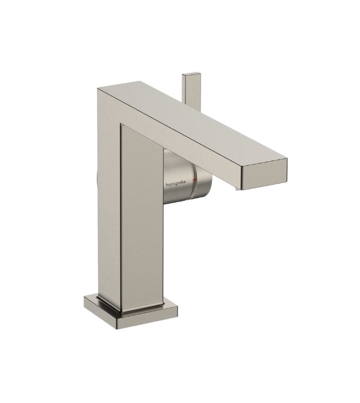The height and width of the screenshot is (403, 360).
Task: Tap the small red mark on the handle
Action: coord(196,181)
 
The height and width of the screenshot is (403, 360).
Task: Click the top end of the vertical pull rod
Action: coord(190,75)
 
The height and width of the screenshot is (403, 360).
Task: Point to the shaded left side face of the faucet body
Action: coord(107,196)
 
